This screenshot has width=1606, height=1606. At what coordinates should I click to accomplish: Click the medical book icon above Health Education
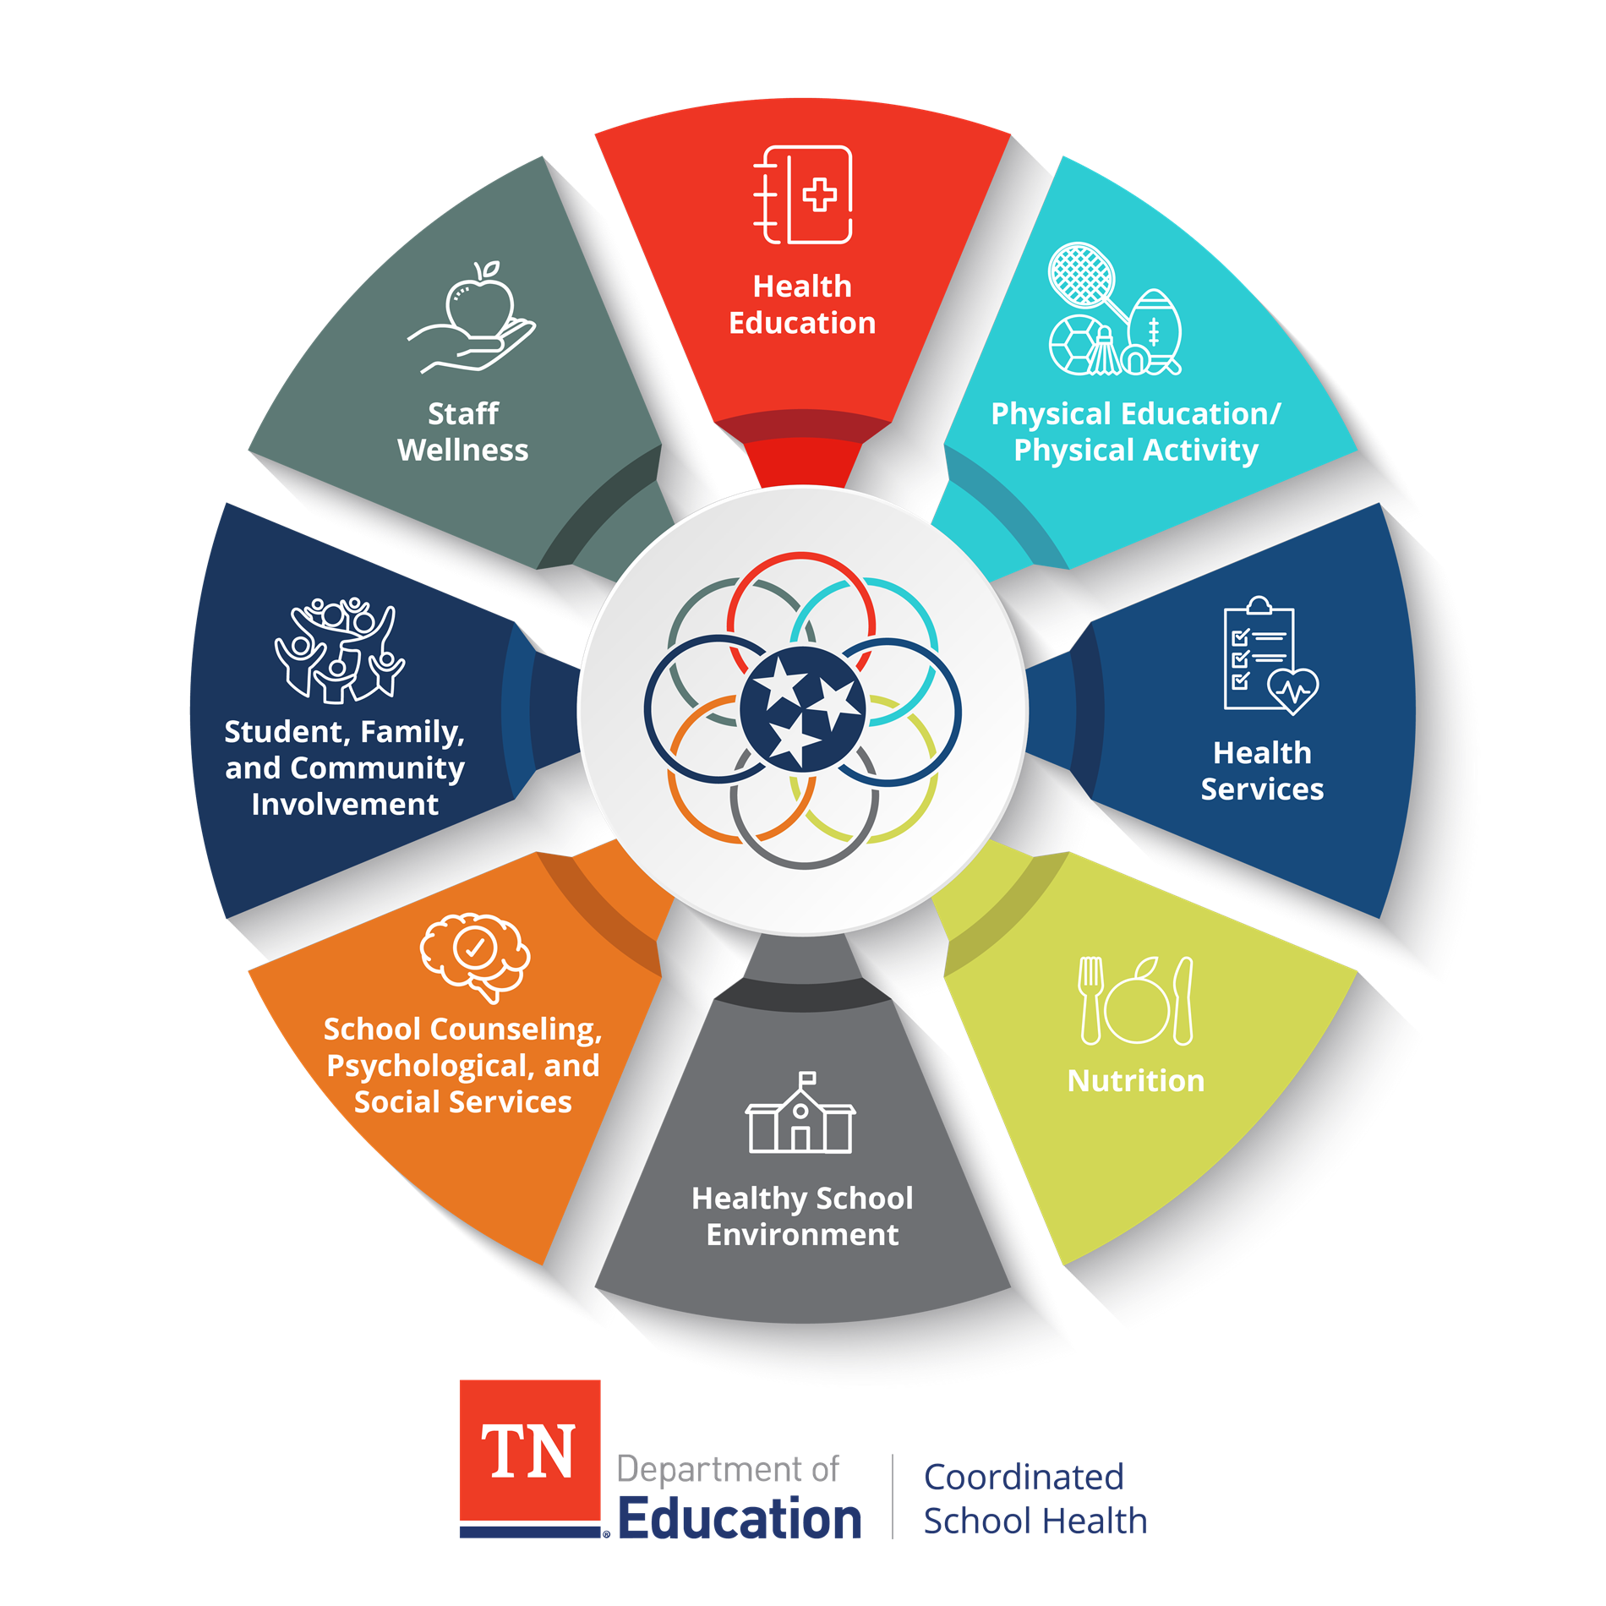[x=802, y=195]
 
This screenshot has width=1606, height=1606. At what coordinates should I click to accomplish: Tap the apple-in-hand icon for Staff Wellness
[x=472, y=318]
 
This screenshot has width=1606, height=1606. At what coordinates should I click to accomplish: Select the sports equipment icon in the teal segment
[x=1115, y=309]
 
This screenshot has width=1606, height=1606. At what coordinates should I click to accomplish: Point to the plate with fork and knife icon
[x=1136, y=1002]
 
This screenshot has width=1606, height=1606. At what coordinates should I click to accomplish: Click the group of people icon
[x=340, y=651]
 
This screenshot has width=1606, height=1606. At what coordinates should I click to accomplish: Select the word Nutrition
[x=1136, y=1081]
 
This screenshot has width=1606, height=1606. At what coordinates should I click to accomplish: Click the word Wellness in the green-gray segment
[x=463, y=451]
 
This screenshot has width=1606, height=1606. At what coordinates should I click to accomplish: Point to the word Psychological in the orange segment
[x=430, y=1067]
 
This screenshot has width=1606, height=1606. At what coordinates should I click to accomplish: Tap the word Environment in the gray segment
[x=803, y=1235]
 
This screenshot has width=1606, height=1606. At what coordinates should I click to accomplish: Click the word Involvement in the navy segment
[x=345, y=805]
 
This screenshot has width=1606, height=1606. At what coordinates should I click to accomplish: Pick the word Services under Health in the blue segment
[x=1262, y=789]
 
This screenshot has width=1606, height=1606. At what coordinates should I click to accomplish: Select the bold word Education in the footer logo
[x=740, y=1519]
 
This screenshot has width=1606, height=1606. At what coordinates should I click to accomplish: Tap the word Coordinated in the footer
[x=1024, y=1478]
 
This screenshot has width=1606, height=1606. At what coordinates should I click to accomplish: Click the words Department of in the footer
[x=728, y=1470]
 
